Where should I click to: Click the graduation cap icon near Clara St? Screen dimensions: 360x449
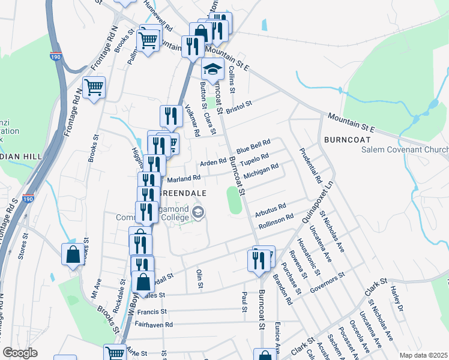tap(212, 69)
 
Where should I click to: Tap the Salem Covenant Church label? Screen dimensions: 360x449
tap(405, 149)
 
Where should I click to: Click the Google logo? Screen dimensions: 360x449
tap(20, 353)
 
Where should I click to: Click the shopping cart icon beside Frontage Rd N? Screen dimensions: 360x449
tap(94, 88)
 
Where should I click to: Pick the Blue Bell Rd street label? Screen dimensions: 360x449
tap(253, 146)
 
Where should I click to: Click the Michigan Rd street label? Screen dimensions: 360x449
tap(261, 170)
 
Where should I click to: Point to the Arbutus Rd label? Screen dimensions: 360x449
tap(270, 211)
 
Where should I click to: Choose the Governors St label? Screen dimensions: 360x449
tap(327, 283)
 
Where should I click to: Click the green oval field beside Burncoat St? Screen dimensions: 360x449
tap(234, 200)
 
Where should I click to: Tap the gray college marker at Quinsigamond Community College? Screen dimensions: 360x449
tap(198, 212)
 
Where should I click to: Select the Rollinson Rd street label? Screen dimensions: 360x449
tap(276, 221)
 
